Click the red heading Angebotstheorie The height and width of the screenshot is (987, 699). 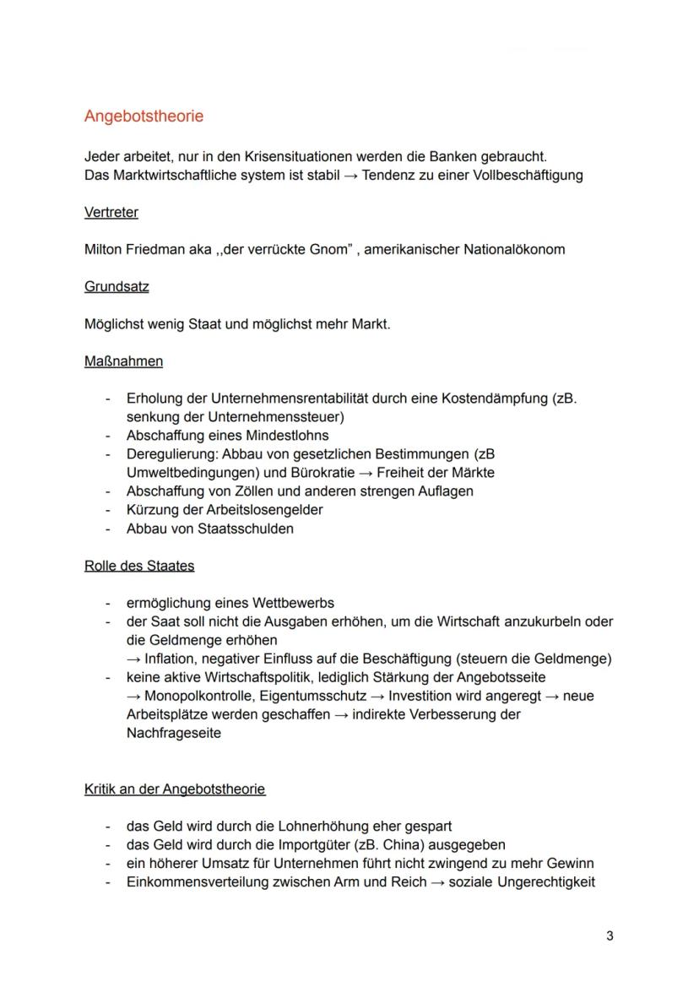[x=144, y=117]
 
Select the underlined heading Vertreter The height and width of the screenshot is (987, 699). [x=111, y=213]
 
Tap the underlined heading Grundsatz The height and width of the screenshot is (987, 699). [x=116, y=287]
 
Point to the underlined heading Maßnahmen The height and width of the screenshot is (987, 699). [x=123, y=361]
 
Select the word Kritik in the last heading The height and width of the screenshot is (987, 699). [x=102, y=789]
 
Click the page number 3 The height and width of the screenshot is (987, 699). [x=610, y=936]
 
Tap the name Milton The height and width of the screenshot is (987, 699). [x=104, y=250]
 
